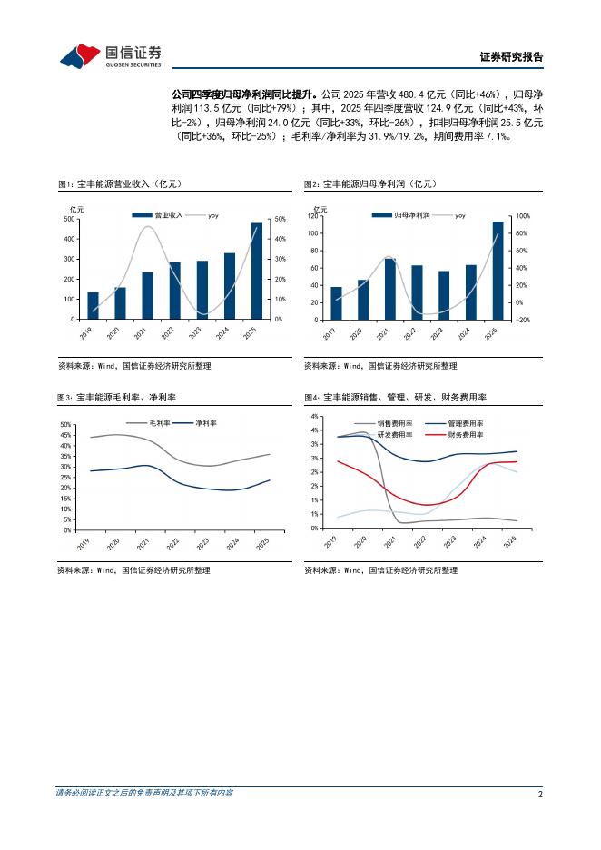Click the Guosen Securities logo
point(110,56)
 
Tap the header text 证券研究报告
point(511,57)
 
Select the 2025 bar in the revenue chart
point(257,271)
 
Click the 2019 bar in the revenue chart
point(93,305)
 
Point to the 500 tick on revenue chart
point(70,220)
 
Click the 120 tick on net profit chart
point(313,216)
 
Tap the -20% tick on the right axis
point(524,320)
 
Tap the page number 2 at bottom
point(540,794)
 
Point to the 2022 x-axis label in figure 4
point(419,541)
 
